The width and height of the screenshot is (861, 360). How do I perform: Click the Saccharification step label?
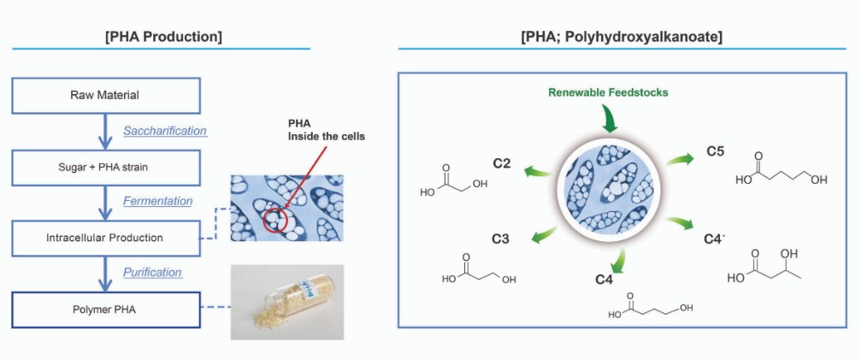click(x=165, y=131)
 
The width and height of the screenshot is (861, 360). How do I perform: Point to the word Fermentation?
click(x=157, y=202)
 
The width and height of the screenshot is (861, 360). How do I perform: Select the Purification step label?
click(x=152, y=272)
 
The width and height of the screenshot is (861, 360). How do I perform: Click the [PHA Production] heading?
click(x=163, y=38)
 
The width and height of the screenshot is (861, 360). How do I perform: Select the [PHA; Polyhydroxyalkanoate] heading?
click(x=621, y=38)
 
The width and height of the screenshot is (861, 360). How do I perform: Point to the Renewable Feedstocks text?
click(x=608, y=92)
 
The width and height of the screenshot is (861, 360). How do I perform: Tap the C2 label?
click(x=502, y=163)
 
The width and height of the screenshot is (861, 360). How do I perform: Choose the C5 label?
click(x=715, y=151)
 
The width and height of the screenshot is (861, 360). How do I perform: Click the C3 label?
click(x=500, y=239)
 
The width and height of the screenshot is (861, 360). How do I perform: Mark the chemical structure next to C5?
click(x=781, y=170)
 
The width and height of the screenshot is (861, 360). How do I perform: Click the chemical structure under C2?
click(x=453, y=180)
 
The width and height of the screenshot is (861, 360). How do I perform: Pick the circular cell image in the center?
click(x=609, y=189)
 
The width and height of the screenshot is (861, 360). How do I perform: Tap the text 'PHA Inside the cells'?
click(x=326, y=131)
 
